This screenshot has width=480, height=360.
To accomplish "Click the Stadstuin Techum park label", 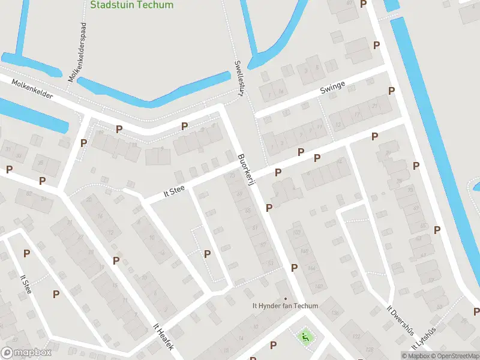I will point(131,5).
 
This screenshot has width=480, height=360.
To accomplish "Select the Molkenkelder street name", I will point(27,91).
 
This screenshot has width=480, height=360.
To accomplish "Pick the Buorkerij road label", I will point(247,172).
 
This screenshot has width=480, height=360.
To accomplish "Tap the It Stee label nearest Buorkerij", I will point(174,191).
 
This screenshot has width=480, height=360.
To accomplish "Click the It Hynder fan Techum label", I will point(285,306).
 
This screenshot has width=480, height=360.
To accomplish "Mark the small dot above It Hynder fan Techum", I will point(286,298).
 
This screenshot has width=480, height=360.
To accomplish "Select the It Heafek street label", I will point(163,337).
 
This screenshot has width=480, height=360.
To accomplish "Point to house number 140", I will point(317,286).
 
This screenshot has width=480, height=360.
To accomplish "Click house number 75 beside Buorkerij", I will point(232,175).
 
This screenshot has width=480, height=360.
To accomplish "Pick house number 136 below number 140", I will point(333,313).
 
